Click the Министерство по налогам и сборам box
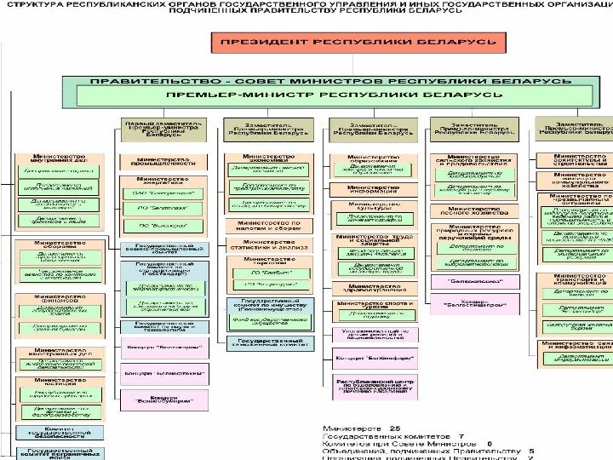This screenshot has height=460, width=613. click(268, 225)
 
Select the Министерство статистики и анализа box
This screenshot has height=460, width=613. click(268, 244)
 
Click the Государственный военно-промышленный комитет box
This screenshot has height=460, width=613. click(163, 249)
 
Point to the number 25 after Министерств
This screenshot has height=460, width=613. click(394, 428)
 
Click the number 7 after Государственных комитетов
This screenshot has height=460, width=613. click(461, 436)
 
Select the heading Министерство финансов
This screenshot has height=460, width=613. click(57, 298)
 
